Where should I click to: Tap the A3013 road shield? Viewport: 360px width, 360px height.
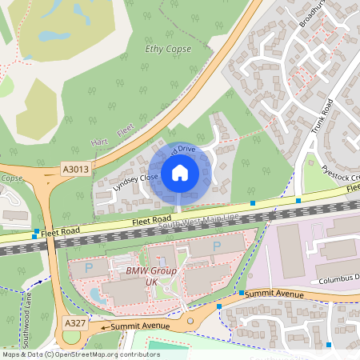75,170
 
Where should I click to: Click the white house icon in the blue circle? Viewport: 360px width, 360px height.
180,171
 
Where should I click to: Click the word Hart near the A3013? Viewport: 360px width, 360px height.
99,142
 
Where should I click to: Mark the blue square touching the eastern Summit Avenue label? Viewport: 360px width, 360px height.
242,293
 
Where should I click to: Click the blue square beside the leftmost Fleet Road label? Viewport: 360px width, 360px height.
34,236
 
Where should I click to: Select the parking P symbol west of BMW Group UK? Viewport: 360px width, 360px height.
89,267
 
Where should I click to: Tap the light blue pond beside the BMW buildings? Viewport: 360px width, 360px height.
96,295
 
